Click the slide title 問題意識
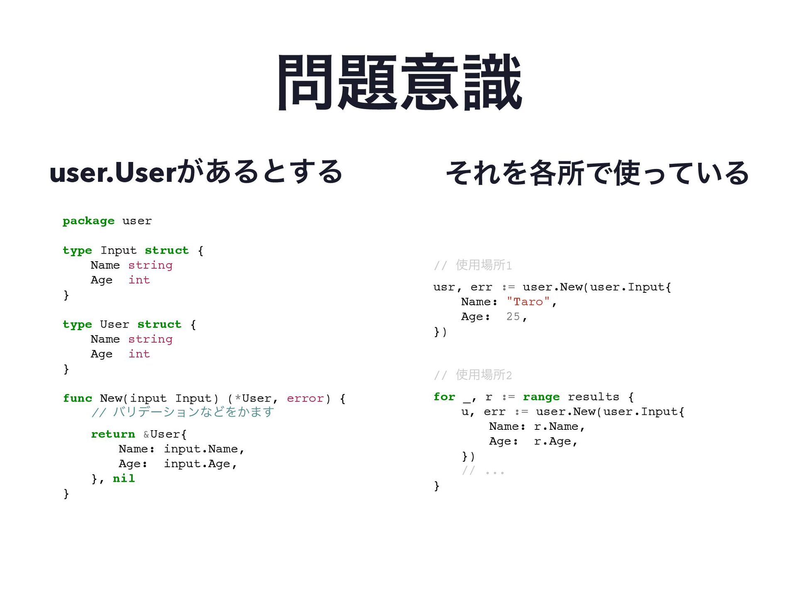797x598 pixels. pos(399,82)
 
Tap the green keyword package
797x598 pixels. pos(88,221)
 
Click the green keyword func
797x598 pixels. pos(78,398)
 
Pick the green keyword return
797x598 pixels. pos(113,434)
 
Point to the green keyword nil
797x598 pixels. pos(124,478)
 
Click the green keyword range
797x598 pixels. pos(541,397)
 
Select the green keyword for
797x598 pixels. pos(444,397)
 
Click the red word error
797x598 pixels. pos(305,398)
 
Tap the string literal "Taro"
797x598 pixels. pos(528,302)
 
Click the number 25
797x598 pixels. pos(513,316)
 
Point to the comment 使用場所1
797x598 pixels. pos(473,265)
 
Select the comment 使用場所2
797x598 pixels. pos(473,375)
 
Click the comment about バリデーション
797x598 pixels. pos(183,412)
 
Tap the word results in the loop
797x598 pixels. pos(593,397)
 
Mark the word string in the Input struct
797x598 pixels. pos(150,265)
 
